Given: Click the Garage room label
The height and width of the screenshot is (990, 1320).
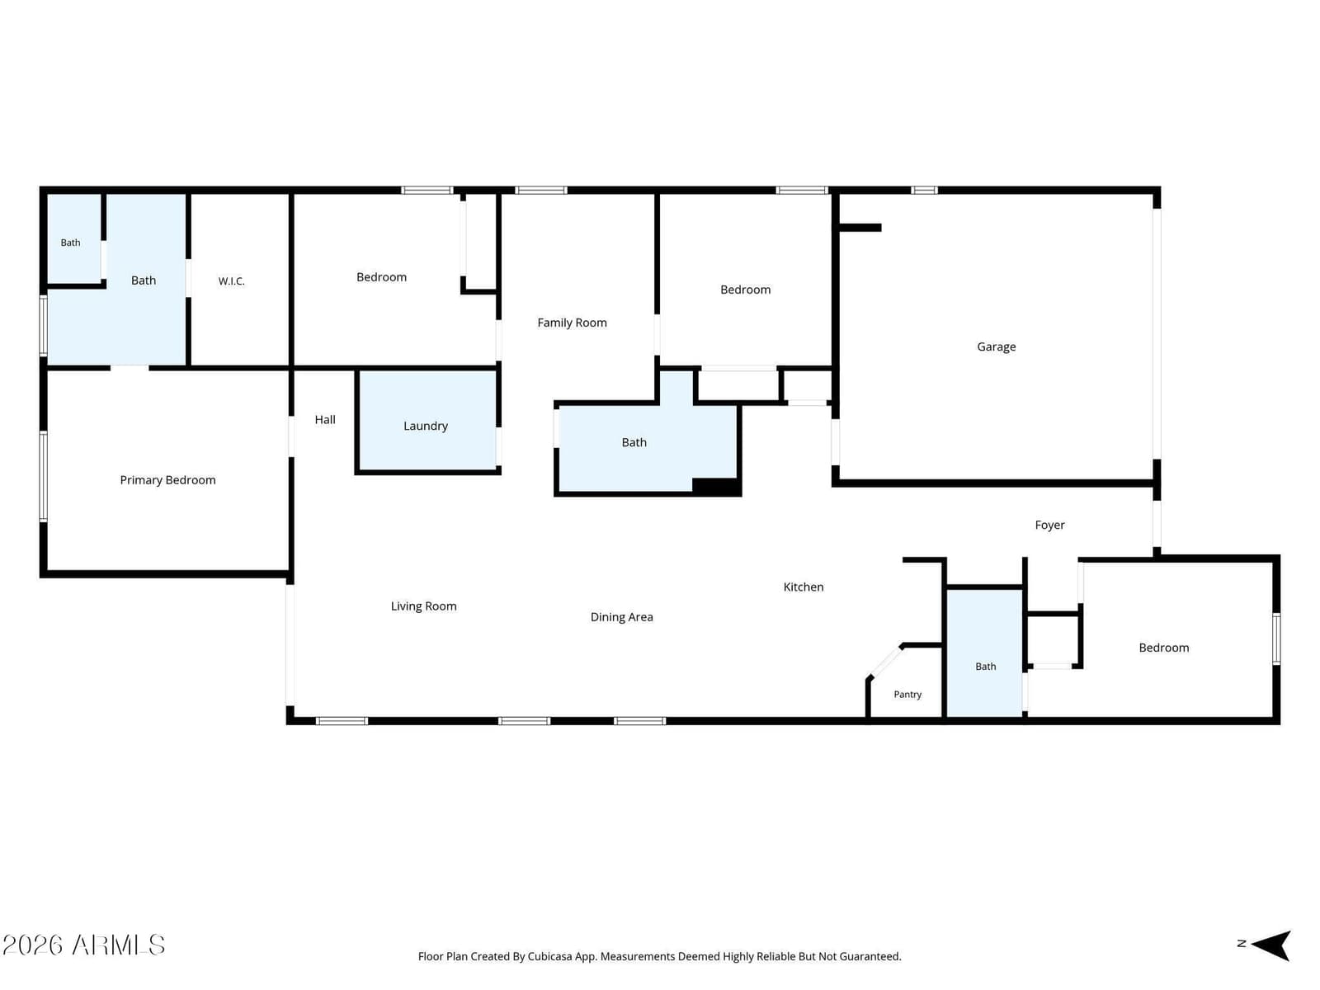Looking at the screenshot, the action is tap(996, 346).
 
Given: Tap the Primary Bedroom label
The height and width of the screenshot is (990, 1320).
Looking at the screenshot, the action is tap(167, 479).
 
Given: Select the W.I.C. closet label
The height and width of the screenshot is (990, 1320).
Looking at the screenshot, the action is tap(232, 281).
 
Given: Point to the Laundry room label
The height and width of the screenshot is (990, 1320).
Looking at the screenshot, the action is tap(425, 427).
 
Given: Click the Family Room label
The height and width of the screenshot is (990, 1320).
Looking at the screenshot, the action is tap(572, 323).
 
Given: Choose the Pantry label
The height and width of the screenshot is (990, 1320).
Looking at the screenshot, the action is tap(907, 695).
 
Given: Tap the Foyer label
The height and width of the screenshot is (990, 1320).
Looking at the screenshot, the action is tap(1049, 526).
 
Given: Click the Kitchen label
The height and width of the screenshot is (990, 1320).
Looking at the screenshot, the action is tap(804, 587).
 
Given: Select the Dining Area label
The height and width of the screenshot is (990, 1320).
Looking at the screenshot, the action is tap(621, 617).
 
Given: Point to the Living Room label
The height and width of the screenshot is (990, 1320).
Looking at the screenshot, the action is tap(423, 606).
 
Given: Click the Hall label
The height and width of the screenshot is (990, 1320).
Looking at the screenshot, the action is tap(325, 420).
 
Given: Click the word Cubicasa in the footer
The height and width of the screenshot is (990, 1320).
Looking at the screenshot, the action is tap(549, 956).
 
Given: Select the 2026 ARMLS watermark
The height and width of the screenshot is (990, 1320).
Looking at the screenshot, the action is tap(83, 945).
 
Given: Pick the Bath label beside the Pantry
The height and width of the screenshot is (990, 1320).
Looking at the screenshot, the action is tap(985, 666).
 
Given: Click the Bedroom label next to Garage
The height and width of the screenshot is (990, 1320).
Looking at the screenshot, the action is tap(745, 290).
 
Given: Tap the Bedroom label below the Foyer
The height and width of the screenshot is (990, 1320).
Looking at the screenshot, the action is tap(1163, 648).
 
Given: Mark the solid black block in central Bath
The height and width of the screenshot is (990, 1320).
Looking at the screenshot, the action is tap(715, 486).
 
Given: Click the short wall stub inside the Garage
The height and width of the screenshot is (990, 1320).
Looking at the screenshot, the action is tap(860, 228).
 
